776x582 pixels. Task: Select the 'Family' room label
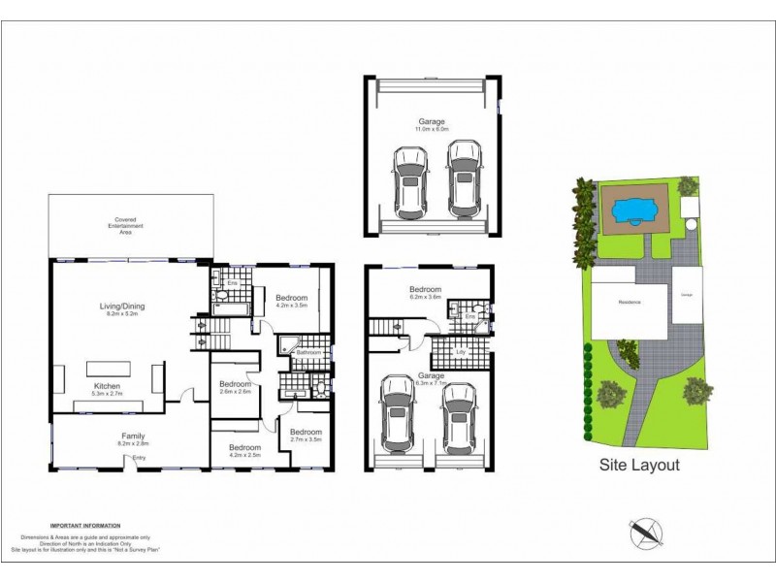(x=133, y=436)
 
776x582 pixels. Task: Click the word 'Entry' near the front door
(x=140, y=457)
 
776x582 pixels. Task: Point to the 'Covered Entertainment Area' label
(x=130, y=225)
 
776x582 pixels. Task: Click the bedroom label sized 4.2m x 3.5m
(x=291, y=298)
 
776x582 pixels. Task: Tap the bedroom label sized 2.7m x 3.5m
(x=306, y=433)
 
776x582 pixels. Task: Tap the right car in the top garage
(x=464, y=179)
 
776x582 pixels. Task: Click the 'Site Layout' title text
(x=637, y=465)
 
